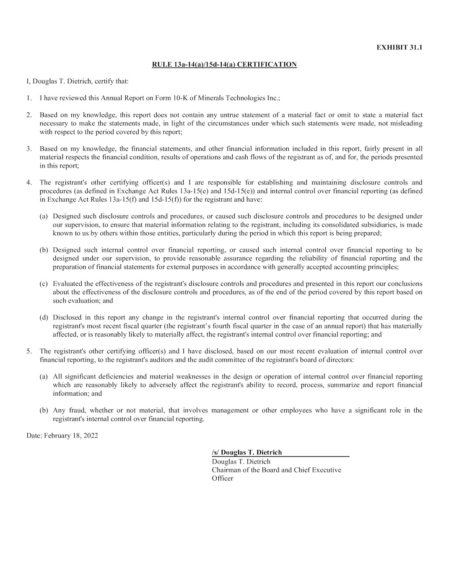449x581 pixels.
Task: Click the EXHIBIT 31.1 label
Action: (399, 47)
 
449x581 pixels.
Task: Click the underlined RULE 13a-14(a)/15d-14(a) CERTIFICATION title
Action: (224, 65)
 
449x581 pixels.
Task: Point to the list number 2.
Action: (29, 115)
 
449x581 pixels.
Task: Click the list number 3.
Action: (29, 149)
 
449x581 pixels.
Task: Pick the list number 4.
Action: (29, 182)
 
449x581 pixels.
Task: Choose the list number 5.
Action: (29, 351)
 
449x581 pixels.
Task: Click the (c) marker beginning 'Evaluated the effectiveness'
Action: (44, 284)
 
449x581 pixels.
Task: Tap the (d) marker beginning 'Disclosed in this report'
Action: (44, 318)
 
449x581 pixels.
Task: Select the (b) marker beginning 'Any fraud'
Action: (44, 410)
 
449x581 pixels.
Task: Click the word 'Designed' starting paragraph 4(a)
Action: (67, 216)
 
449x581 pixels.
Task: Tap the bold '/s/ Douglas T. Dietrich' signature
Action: (247, 452)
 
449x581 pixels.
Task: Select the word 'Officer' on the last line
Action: (222, 478)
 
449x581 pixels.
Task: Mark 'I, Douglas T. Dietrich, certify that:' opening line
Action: (78, 81)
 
